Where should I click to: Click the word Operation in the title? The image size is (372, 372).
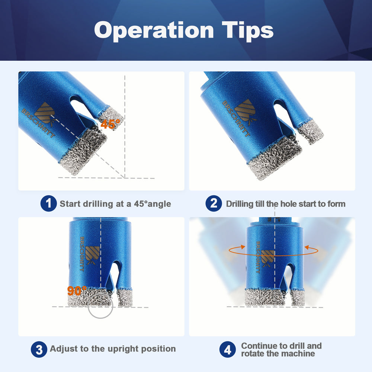pos(154,31)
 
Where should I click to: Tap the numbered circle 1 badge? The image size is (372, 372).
pos(48,203)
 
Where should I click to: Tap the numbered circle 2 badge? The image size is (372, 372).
pos(214,203)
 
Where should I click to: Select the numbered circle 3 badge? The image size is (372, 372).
pos(39,349)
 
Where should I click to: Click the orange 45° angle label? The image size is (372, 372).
pos(110,124)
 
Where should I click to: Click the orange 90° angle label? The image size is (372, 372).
pos(77,291)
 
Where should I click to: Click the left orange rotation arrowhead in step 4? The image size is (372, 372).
pos(243,246)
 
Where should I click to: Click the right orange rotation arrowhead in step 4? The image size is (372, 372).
pos(307,247)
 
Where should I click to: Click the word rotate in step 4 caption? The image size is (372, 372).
pos(253,353)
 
